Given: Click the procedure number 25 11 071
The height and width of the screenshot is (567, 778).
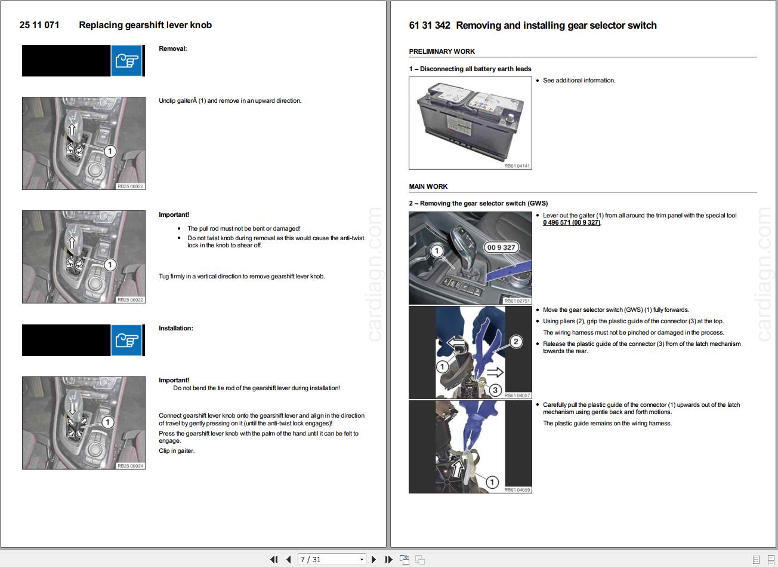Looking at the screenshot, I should pos(39,25).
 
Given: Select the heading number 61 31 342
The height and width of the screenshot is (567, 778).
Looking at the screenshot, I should pos(430,26).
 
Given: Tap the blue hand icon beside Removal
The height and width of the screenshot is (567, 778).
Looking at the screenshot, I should pos(126,60).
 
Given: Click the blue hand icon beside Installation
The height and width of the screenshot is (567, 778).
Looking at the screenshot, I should pos(126,340).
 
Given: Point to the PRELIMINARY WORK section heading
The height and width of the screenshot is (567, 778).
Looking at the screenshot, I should pos(442,51).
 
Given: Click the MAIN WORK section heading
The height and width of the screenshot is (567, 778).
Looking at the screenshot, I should pos(428,186).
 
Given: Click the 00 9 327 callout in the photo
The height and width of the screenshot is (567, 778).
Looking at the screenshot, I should pos(501,247).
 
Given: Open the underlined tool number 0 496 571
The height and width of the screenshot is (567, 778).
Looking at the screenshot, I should pos(572,223).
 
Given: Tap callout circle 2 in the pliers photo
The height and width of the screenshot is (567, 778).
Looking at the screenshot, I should pos(515,342).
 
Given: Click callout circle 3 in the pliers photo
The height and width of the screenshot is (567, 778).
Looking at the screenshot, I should pos(495,390).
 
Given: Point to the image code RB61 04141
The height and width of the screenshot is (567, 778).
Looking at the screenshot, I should pos(517,166).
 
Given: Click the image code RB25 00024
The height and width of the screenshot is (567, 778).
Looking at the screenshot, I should pos(130,466).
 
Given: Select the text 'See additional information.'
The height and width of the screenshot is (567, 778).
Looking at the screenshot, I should pos(579,81).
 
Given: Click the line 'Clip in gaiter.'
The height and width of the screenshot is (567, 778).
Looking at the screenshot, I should pos(177,451).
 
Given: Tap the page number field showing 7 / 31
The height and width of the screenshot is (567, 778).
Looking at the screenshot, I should pos(331,559).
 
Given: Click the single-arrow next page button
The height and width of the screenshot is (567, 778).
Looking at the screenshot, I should pos(374,559).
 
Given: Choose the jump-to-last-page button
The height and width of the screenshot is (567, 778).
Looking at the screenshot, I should pos(388,559).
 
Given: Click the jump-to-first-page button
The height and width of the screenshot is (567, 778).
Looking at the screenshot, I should pos(274,559).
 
